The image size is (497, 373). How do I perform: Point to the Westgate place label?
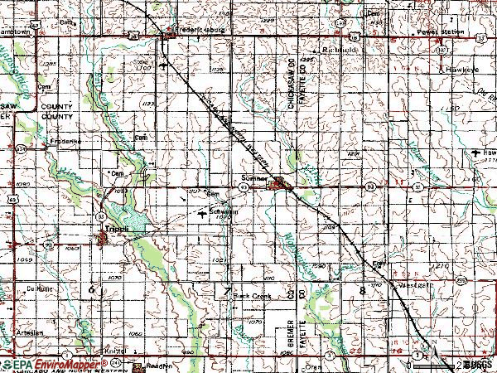click(x=394, y=284)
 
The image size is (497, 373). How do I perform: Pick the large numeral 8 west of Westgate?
click(x=362, y=291)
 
